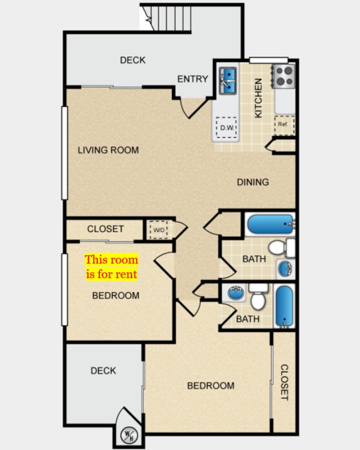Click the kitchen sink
pyautogui.click(x=228, y=81)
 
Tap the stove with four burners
pyautogui.click(x=283, y=76)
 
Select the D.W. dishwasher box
pyautogui.click(x=227, y=128)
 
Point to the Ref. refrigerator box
pyautogui.click(x=285, y=125)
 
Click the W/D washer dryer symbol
pyautogui.click(x=159, y=230)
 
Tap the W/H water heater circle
pyautogui.click(x=129, y=435)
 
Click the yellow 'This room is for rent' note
pyautogui.click(x=111, y=267)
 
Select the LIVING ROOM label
pyautogui.click(x=108, y=150)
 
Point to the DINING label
pyautogui.click(x=253, y=182)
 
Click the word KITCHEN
pyautogui.click(x=258, y=98)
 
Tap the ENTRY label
pyautogui.click(x=192, y=79)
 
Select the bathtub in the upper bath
pyautogui.click(x=271, y=224)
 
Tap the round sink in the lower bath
pyautogui.click(x=236, y=293)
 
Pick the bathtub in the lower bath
pyautogui.click(x=285, y=306)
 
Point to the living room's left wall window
pyautogui.click(x=65, y=153)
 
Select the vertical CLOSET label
pyautogui.click(x=284, y=382)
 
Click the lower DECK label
pyautogui.click(x=103, y=371)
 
